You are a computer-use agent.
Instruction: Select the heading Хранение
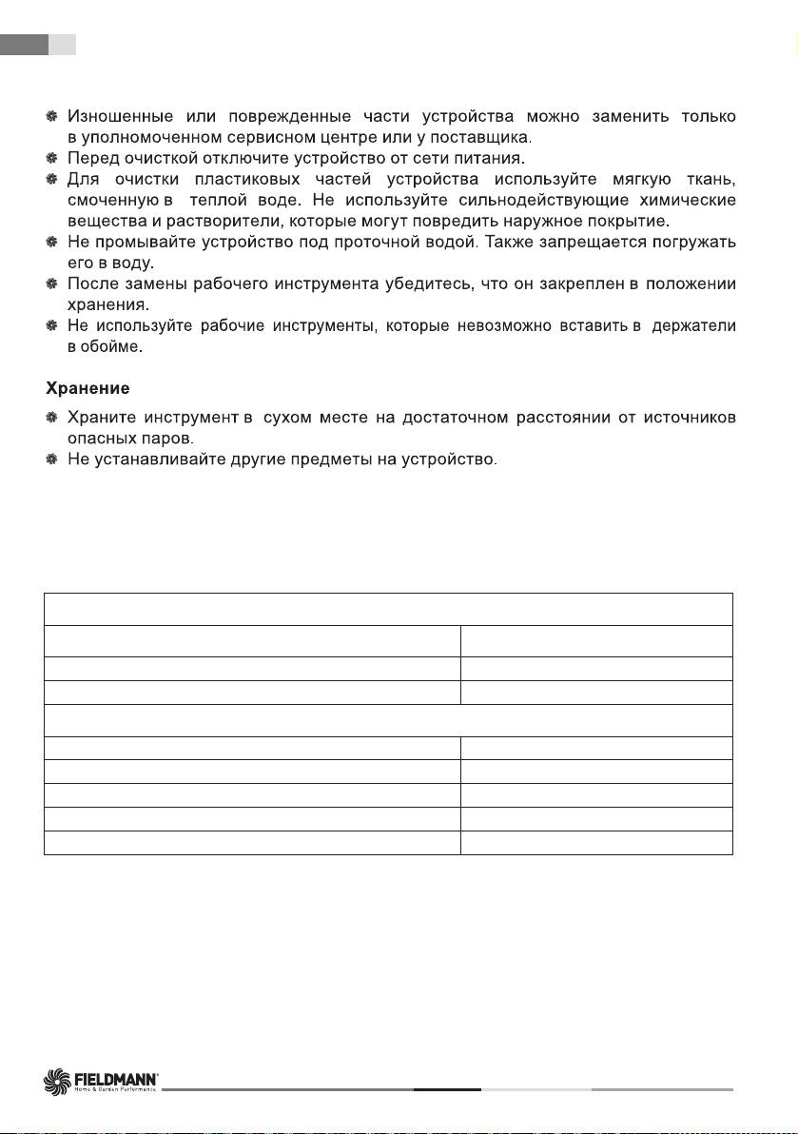pos(88,390)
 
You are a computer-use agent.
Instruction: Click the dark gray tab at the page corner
pos(24,44)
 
